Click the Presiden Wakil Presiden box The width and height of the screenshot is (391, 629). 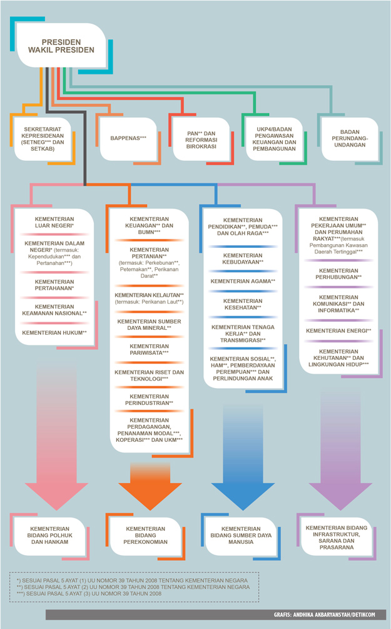pos(61,46)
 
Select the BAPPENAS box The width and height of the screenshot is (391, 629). pos(128,138)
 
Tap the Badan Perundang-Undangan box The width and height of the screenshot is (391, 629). pos(350,138)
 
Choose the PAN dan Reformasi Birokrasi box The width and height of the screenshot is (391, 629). pos(201,140)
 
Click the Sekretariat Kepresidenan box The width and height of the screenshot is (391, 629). pos(43,139)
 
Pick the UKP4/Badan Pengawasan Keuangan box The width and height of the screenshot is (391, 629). pos(274,139)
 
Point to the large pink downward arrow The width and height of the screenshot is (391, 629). pos(56,435)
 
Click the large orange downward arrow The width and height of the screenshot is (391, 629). pos(150,486)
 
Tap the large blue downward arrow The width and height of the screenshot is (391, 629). pos(243,458)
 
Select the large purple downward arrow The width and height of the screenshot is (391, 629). pos(340,449)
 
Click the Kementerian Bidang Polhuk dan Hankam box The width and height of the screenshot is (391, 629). pos(49,536)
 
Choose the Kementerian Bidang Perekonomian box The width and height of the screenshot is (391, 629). pos(146,536)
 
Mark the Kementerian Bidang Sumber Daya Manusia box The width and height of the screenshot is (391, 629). pos(241,536)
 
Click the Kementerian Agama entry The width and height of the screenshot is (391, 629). pos(243,281)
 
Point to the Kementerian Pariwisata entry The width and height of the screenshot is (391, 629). pos(149,349)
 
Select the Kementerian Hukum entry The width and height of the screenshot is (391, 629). pos(54,332)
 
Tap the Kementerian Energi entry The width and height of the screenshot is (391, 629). pos(339,330)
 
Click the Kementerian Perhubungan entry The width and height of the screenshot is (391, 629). pos(339,274)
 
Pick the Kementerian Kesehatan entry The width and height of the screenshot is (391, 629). pos(243,304)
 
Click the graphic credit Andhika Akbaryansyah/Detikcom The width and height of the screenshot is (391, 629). pos(325,614)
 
